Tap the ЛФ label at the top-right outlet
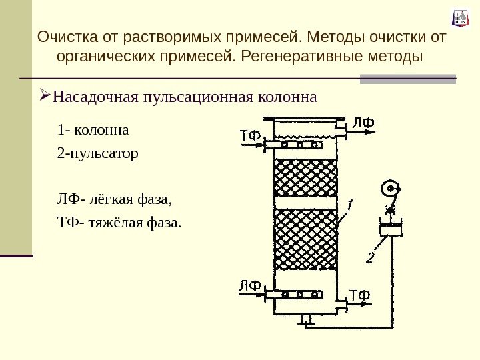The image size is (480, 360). tap(363, 123)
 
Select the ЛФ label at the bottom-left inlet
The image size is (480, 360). tap(250, 285)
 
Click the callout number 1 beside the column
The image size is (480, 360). tap(349, 203)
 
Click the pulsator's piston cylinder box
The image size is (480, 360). tap(392, 229)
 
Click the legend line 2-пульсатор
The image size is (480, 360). tap(98, 155)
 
